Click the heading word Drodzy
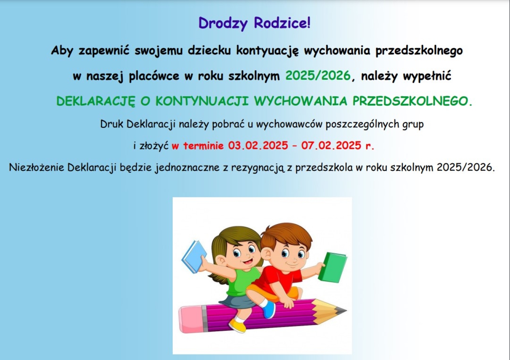point(223,23)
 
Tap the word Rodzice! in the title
point(282,23)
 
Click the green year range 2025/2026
point(318,76)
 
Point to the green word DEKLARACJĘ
point(95,101)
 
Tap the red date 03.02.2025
point(258,145)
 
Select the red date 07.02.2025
point(331,145)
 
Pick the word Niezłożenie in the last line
point(36,167)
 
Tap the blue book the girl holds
point(193,256)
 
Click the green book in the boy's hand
point(332,267)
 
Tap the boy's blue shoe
point(269,309)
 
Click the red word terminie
point(203,146)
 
